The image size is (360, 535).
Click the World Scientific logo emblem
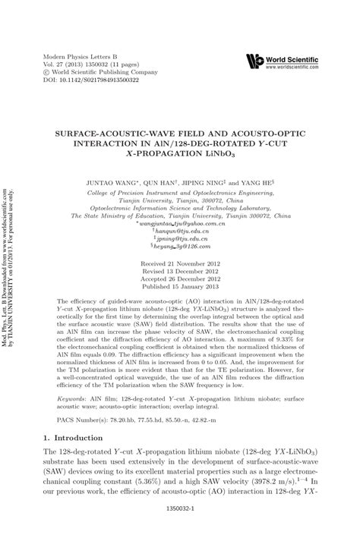(x=253, y=60)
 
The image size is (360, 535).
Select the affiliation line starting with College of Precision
(x=180, y=194)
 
